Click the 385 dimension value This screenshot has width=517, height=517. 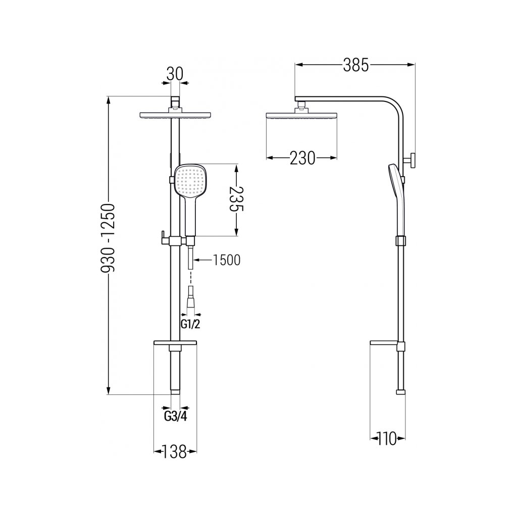(356, 65)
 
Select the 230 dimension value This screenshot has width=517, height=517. (302, 158)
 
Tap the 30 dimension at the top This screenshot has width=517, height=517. (174, 74)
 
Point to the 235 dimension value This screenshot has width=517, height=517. (236, 200)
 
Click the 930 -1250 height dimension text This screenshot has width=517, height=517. (108, 238)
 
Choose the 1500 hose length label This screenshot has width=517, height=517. (226, 260)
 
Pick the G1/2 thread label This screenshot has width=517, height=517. (190, 325)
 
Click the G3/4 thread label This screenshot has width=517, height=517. (175, 417)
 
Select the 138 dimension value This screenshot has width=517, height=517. (174, 452)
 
